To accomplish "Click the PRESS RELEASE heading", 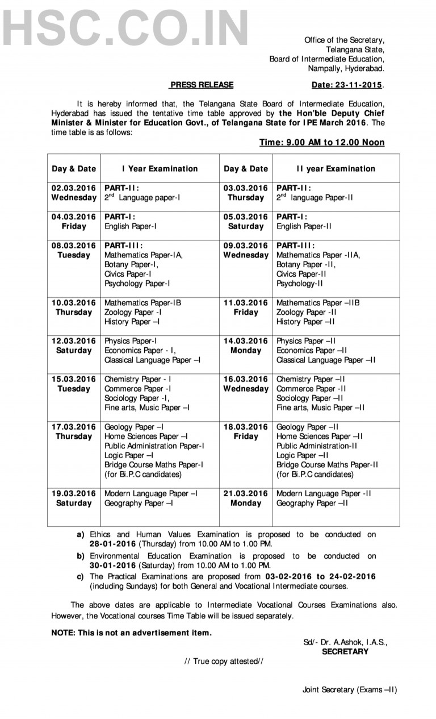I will (x=202, y=85).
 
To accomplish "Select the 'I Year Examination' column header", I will (x=160, y=168).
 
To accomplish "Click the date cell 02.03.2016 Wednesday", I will (x=74, y=193).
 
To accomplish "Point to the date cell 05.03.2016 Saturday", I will (x=245, y=221).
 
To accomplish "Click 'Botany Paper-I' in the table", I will (x=131, y=264).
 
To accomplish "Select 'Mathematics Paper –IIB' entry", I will (x=317, y=303).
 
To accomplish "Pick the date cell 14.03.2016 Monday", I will (x=245, y=346).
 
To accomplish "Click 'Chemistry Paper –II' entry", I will (x=312, y=379).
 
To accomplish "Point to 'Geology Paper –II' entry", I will (x=308, y=427).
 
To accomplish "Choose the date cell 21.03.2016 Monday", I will (x=245, y=498).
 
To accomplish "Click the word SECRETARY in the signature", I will (x=345, y=651).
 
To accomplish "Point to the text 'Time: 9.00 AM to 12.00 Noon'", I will (x=322, y=142).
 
